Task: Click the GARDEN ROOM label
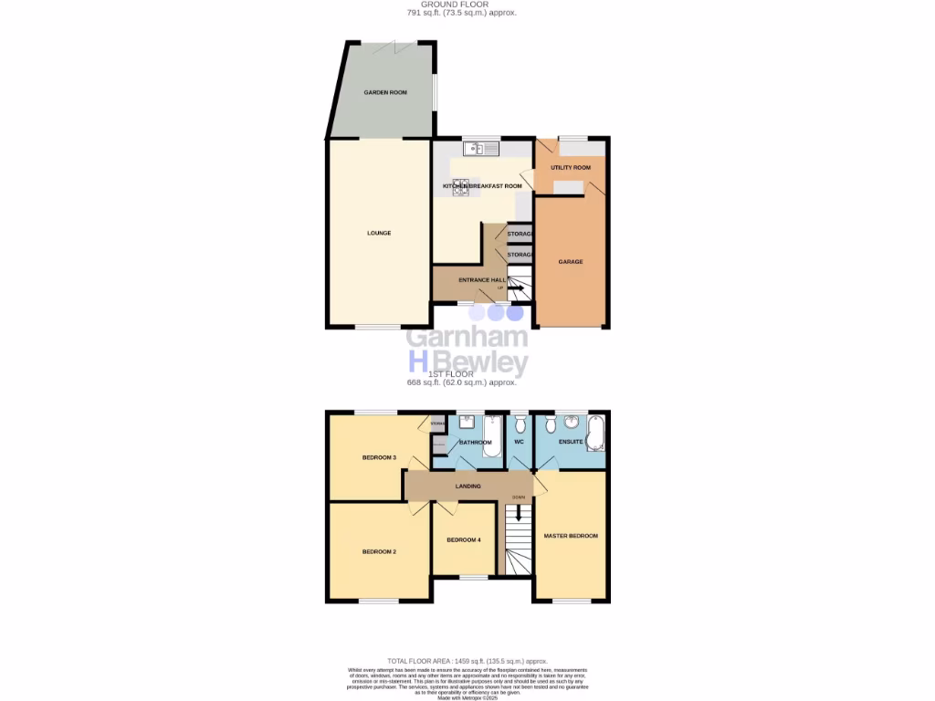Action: (x=385, y=92)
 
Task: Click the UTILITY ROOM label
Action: (x=571, y=168)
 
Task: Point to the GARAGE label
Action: (x=571, y=262)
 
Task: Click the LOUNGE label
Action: (x=379, y=233)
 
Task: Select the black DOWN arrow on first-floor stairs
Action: (x=519, y=513)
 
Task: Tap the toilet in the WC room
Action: (x=520, y=424)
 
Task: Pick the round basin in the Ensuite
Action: (x=572, y=422)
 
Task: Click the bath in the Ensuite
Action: (x=597, y=433)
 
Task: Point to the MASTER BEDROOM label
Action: (x=571, y=536)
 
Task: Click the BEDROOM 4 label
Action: (x=463, y=540)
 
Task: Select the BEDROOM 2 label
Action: (x=378, y=551)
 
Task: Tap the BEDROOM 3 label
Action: (x=378, y=457)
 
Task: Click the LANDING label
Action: (x=467, y=487)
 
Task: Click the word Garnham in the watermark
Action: (x=467, y=338)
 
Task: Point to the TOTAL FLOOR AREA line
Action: (x=467, y=660)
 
